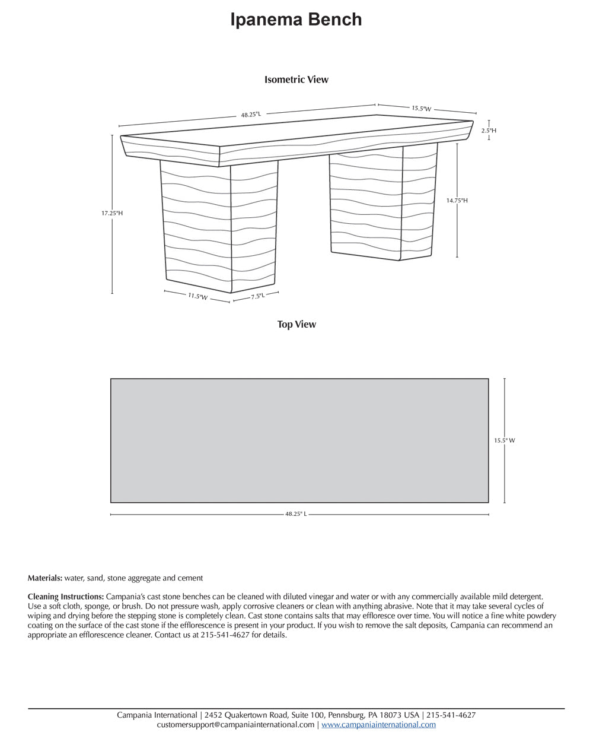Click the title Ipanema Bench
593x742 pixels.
pyautogui.click(x=296, y=20)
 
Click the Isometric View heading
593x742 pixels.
pyautogui.click(x=296, y=80)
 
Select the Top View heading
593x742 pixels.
pyautogui.click(x=296, y=324)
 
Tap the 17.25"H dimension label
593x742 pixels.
pyautogui.click(x=111, y=213)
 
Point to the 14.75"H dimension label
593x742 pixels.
pyautogui.click(x=457, y=201)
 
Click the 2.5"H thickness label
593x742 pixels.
pyautogui.click(x=489, y=130)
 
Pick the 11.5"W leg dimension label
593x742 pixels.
pyautogui.click(x=198, y=296)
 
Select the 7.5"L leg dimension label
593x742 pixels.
pyautogui.click(x=257, y=296)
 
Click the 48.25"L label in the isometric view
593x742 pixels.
pyautogui.click(x=251, y=115)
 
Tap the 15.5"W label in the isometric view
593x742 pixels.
pyautogui.click(x=421, y=109)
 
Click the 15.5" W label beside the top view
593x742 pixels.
pyautogui.click(x=505, y=440)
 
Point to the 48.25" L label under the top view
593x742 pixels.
pyautogui.click(x=296, y=514)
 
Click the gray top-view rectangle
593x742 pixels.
pyautogui.click(x=299, y=440)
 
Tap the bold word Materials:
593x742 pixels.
pyautogui.click(x=45, y=578)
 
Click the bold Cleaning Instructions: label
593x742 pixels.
pyautogui.click(x=66, y=596)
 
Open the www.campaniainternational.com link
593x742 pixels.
pyautogui.click(x=378, y=725)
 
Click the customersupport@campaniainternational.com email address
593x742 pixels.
pyautogui.click(x=235, y=725)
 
